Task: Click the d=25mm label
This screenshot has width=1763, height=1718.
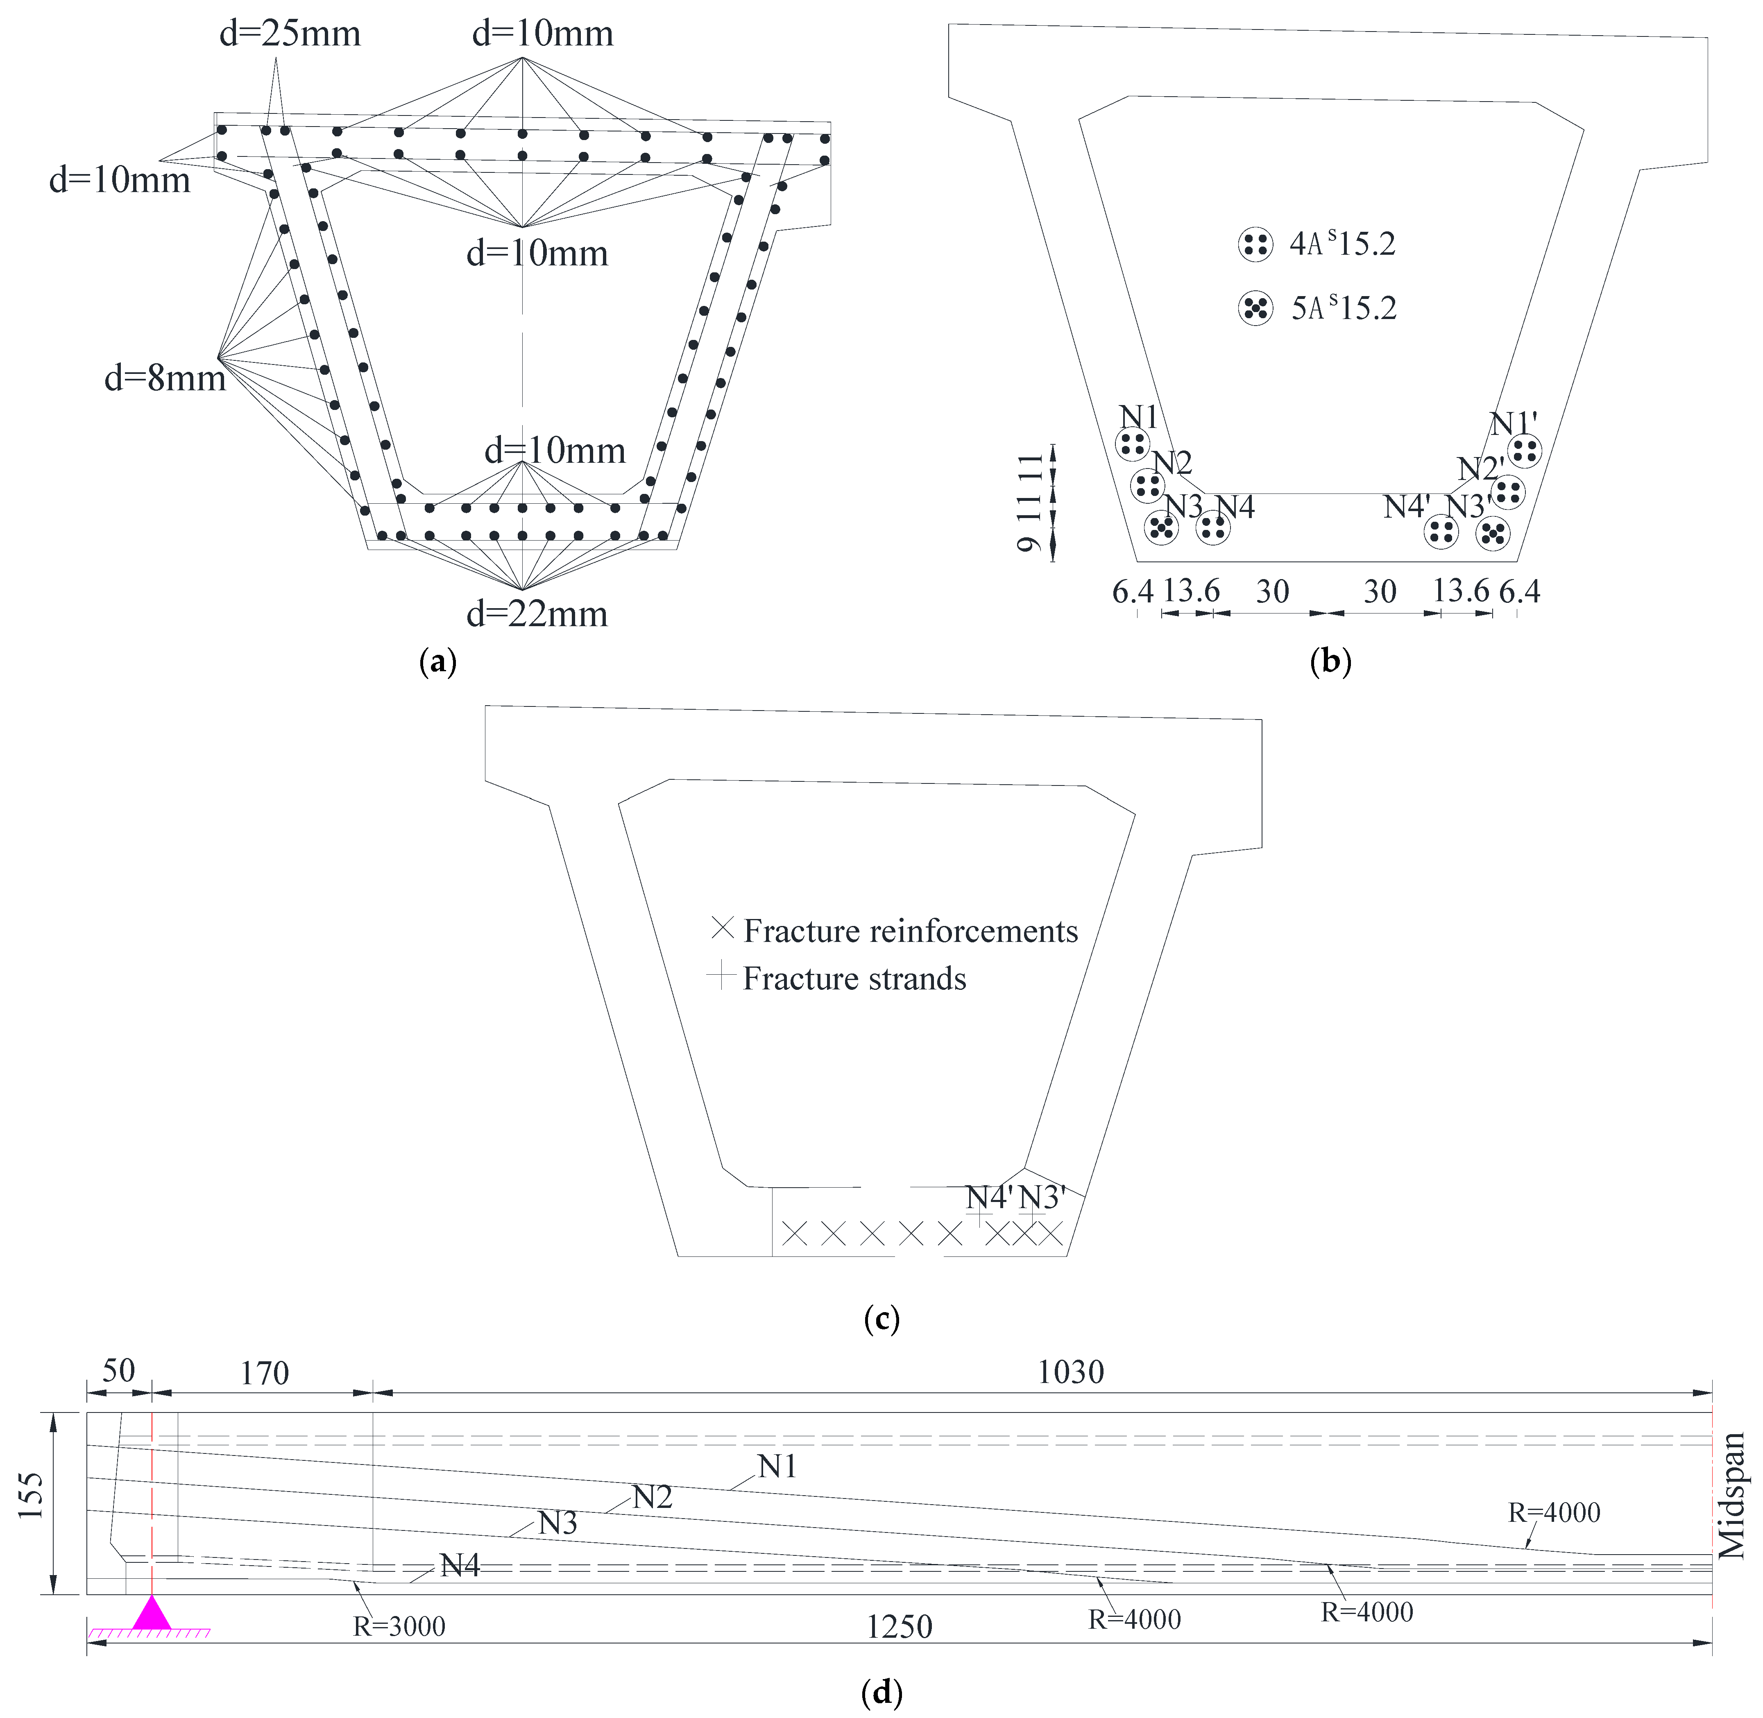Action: (290, 34)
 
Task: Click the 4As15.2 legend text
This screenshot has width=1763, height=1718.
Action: (1342, 244)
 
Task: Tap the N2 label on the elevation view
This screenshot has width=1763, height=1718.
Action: (652, 1497)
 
